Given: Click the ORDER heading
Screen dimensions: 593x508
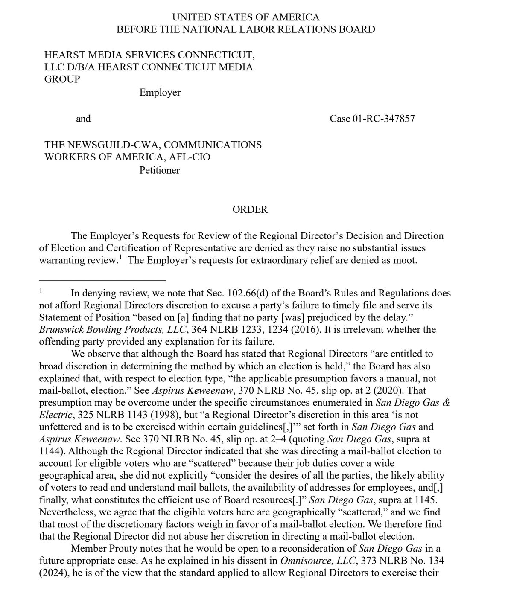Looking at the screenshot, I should pos(250,210).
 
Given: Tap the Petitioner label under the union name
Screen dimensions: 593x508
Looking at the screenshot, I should pos(160,170).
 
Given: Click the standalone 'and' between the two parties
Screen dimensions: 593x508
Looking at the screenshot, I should pos(83,119).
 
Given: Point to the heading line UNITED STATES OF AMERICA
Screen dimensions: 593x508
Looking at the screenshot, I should pos(245,17).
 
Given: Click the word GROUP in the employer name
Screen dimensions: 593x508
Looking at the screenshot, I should pos(62,79).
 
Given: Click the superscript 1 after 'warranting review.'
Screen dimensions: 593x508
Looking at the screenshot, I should pos(121,258).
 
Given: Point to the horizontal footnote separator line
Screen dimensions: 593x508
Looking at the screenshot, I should pos(102,280).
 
